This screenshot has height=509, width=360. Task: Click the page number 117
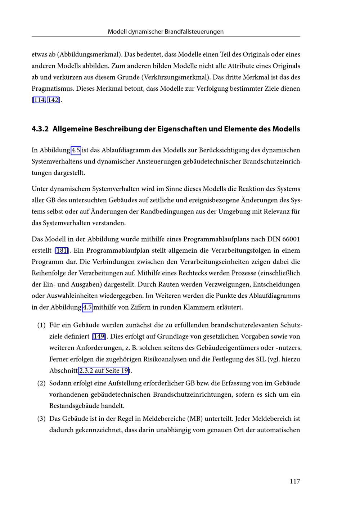click(x=294, y=481)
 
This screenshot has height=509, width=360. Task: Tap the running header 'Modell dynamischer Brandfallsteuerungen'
click(x=166, y=32)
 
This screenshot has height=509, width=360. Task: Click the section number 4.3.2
click(x=40, y=129)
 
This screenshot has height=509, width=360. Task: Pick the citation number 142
click(x=53, y=100)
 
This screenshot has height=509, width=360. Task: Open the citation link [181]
click(x=62, y=250)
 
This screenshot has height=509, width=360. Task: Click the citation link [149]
click(x=99, y=336)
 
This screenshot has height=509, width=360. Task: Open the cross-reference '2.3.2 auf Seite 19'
click(x=104, y=370)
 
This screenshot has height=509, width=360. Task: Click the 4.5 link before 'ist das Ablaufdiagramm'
click(x=76, y=150)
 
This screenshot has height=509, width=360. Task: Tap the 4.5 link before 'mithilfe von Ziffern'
click(x=87, y=307)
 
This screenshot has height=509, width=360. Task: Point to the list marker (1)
click(x=41, y=325)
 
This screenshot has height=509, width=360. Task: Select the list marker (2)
click(x=41, y=383)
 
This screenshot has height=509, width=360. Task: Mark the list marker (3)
click(x=41, y=419)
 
